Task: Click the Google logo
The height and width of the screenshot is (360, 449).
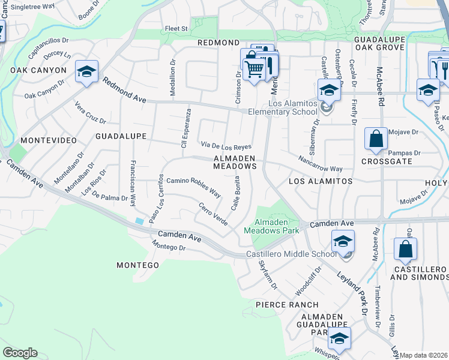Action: (x=20, y=352)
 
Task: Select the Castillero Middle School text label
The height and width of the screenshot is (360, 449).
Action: (x=292, y=254)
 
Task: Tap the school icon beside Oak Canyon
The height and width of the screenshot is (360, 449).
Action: (x=86, y=73)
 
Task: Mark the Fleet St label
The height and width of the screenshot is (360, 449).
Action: (x=176, y=28)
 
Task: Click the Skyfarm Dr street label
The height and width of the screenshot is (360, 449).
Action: (x=268, y=274)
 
